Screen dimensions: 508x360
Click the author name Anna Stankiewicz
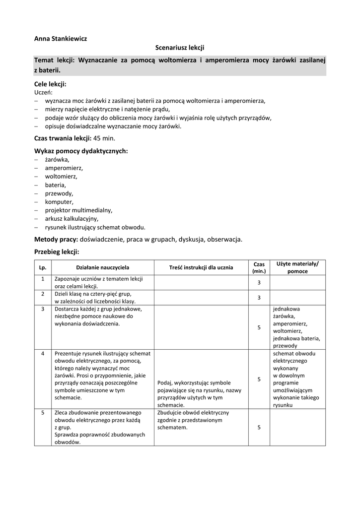tap(61, 38)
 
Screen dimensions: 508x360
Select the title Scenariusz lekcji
tap(180, 48)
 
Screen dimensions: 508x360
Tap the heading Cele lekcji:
tap(50, 84)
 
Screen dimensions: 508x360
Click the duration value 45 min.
tap(104, 138)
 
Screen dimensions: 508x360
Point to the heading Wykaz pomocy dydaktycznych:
tap(81, 151)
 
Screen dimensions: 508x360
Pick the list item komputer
tap(59, 202)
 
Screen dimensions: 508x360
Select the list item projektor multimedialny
tap(78, 210)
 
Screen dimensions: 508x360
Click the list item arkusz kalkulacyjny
tap(72, 219)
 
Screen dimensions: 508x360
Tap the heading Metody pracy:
tap(56, 240)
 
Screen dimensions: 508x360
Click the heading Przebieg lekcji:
tap(57, 252)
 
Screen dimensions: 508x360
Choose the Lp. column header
tap(43, 267)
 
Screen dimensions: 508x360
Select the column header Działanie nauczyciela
tap(102, 267)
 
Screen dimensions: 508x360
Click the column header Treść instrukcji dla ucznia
tap(201, 267)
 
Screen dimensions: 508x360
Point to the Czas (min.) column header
tap(259, 267)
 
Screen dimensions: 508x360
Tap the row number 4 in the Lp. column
tap(43, 353)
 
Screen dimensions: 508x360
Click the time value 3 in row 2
tap(259, 298)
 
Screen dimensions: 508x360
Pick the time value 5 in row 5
tap(259, 428)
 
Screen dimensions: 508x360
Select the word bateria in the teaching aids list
tap(55, 185)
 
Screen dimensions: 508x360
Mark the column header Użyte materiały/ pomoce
tap(297, 267)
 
